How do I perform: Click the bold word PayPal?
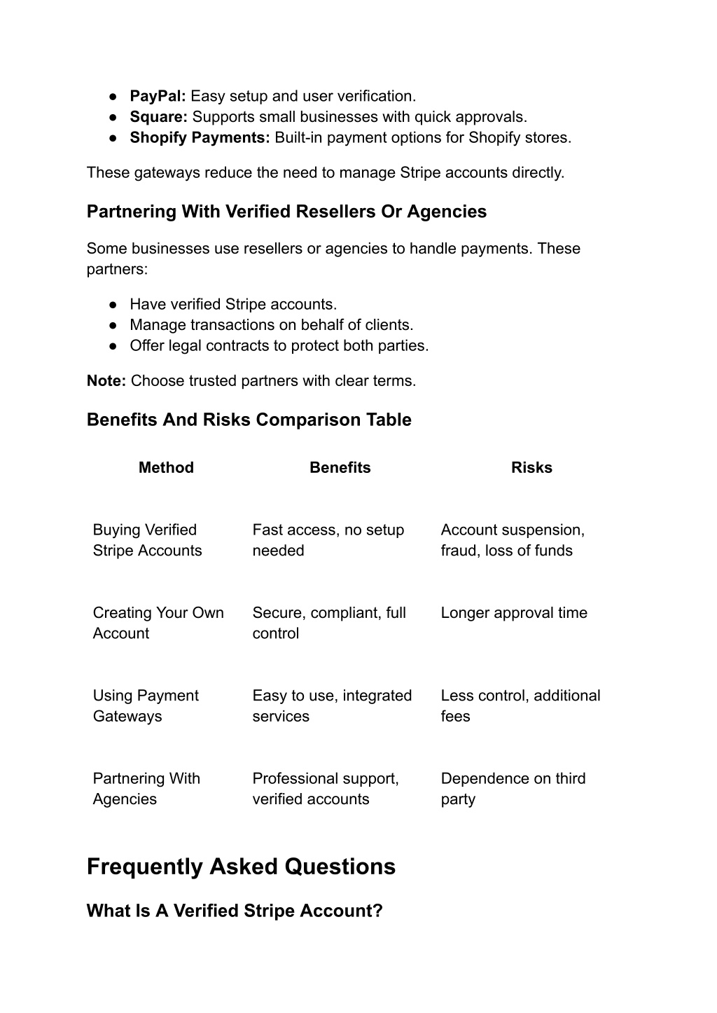pyautogui.click(x=158, y=96)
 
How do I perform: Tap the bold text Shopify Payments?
pyautogui.click(x=200, y=137)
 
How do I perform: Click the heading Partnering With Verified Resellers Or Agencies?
pyautogui.click(x=286, y=212)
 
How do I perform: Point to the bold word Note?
pyautogui.click(x=106, y=381)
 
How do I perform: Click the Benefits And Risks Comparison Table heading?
pyautogui.click(x=249, y=420)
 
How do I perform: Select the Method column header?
pyautogui.click(x=166, y=468)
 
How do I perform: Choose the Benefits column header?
pyautogui.click(x=340, y=468)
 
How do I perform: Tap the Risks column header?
pyautogui.click(x=531, y=468)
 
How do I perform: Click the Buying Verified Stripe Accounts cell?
pyautogui.click(x=147, y=540)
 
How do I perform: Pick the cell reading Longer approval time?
pyautogui.click(x=514, y=613)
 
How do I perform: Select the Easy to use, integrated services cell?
pyautogui.click(x=332, y=705)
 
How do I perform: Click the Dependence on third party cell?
pyautogui.click(x=513, y=789)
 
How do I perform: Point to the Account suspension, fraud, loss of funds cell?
pyautogui.click(x=513, y=540)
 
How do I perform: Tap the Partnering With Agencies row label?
pyautogui.click(x=146, y=789)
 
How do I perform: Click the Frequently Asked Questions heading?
pyautogui.click(x=241, y=867)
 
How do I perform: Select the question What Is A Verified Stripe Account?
pyautogui.click(x=235, y=911)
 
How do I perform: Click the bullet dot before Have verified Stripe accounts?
pyautogui.click(x=113, y=305)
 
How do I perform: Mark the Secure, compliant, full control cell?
pyautogui.click(x=329, y=623)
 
